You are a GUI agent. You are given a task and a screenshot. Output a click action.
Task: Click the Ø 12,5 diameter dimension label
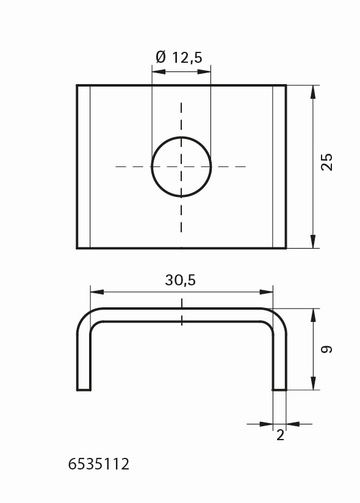tap(179, 57)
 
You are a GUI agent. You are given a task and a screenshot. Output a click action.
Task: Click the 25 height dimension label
tap(327, 162)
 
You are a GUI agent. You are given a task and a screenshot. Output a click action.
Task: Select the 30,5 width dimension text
tap(180, 280)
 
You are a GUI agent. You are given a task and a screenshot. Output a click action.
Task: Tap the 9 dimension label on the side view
tap(326, 349)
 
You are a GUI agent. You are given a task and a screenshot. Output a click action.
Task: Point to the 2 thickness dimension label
tap(280, 435)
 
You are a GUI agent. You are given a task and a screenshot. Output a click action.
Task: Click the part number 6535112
tap(99, 464)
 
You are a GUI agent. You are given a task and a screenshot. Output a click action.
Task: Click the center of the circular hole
tap(181, 167)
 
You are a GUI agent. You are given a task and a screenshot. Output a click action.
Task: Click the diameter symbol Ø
tap(161, 57)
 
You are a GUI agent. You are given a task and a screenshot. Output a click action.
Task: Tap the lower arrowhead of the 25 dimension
tap(313, 241)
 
